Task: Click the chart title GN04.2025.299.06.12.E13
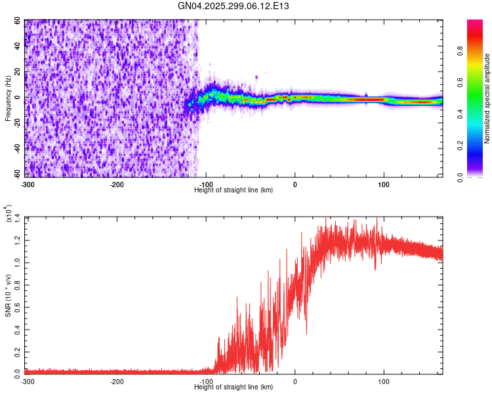tap(234, 6)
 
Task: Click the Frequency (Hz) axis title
tap(8, 98)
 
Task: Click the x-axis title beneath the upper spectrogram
tap(234, 190)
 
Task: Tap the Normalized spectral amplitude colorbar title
tap(487, 98)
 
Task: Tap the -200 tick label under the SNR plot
tap(117, 382)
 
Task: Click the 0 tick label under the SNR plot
tap(295, 382)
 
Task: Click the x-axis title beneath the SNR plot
tap(234, 387)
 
